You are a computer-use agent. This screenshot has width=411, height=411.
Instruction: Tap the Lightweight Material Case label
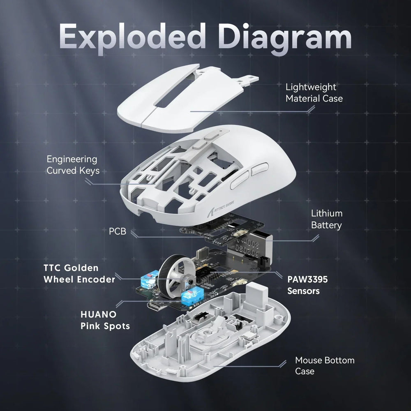tap(314, 93)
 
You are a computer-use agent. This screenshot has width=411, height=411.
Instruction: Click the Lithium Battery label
tap(326, 219)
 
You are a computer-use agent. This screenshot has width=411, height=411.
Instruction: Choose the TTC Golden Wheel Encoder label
tap(79, 273)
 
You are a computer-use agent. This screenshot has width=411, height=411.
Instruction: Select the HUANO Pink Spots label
tap(105, 320)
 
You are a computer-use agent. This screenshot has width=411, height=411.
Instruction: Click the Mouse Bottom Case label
tap(324, 366)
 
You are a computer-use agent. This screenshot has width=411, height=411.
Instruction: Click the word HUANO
tap(98, 314)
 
